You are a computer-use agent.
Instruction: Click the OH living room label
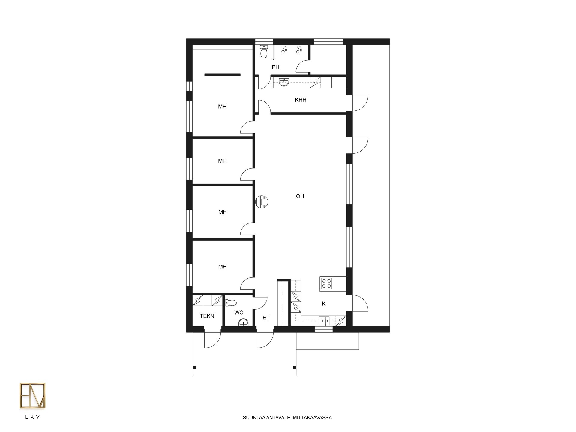coord(300,196)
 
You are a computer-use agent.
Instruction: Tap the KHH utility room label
coord(301,100)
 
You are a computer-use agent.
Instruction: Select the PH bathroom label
coord(275,67)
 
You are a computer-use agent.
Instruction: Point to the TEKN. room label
coord(208,316)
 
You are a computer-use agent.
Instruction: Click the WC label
coord(239,313)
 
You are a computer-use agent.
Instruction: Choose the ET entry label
coord(266,318)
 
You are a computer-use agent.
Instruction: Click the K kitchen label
coord(324,304)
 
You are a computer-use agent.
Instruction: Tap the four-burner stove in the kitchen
coord(326,283)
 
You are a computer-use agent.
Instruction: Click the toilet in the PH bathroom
coord(264,52)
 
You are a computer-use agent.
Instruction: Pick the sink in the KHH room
coord(284,82)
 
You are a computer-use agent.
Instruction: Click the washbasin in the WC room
coord(243,322)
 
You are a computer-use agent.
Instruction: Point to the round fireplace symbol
coord(262,202)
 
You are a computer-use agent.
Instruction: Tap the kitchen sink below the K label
coord(324,321)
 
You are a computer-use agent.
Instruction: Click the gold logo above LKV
coord(33,395)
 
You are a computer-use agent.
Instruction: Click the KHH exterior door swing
coord(360,103)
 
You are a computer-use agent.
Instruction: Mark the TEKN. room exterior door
coord(212,340)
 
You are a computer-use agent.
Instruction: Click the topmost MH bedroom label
coord(222,106)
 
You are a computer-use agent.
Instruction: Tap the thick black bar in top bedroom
coord(222,75)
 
